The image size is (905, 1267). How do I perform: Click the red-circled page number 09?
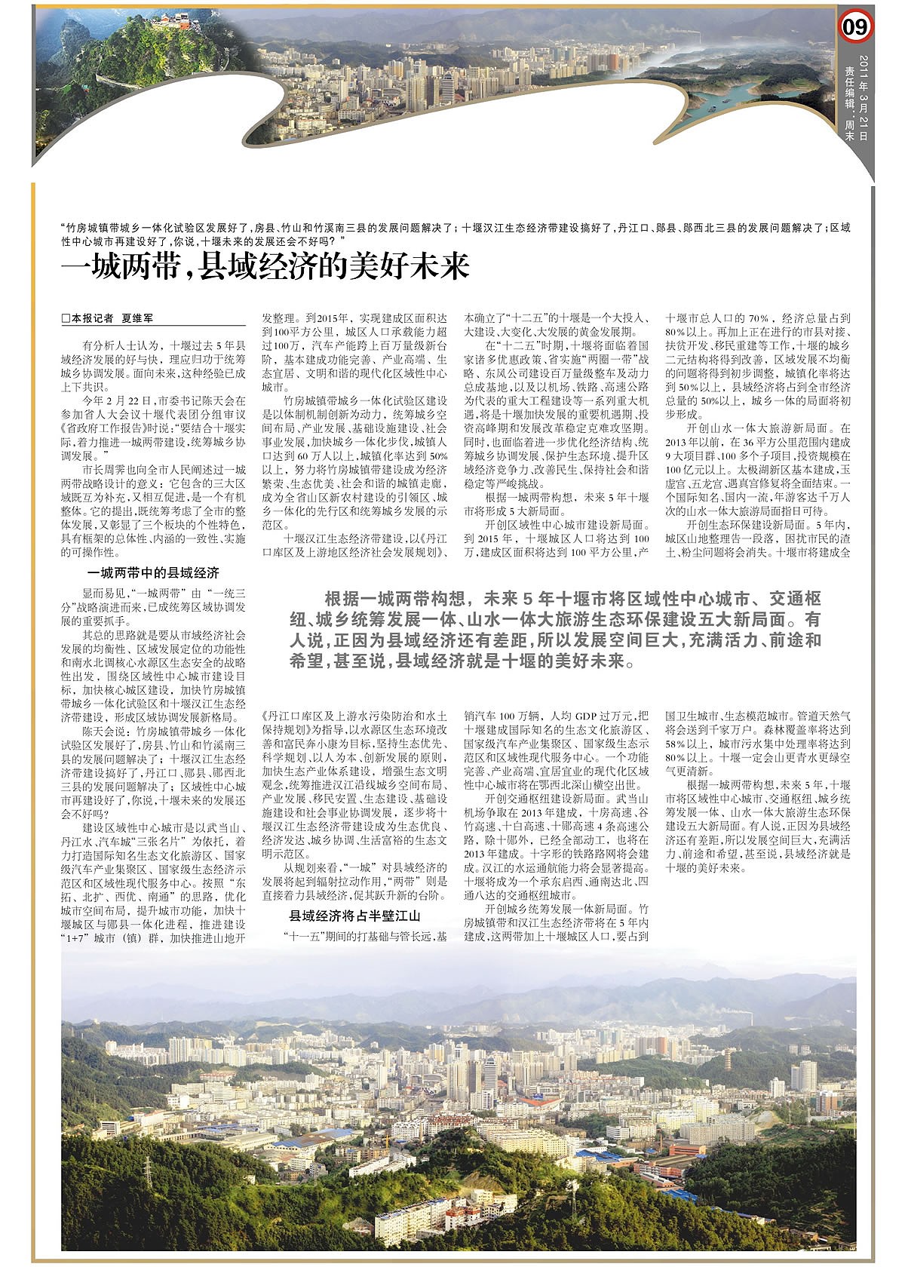[855, 28]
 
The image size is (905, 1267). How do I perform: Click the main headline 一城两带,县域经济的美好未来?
[265, 268]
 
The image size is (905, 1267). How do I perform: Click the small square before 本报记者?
[66, 319]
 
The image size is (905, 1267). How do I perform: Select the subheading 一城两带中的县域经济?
[153, 573]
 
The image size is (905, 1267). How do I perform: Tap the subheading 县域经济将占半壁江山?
[354, 916]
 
